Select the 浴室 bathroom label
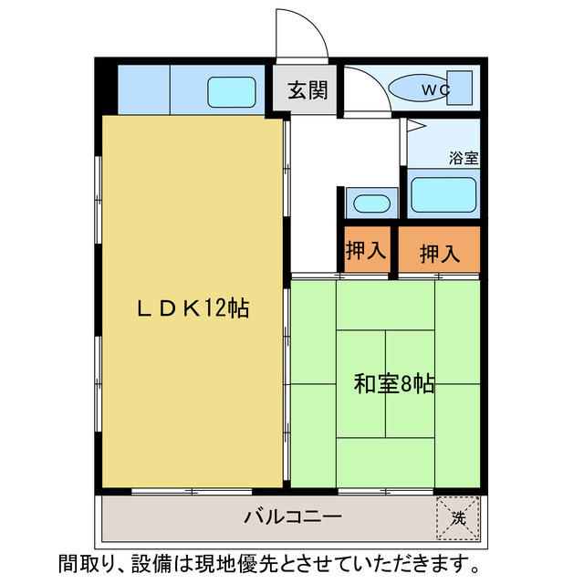[x=464, y=157]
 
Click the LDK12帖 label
[x=193, y=308]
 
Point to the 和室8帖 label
[x=393, y=384]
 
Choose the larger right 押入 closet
[x=440, y=253]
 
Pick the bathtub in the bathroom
[x=443, y=194]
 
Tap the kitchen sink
[x=232, y=91]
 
